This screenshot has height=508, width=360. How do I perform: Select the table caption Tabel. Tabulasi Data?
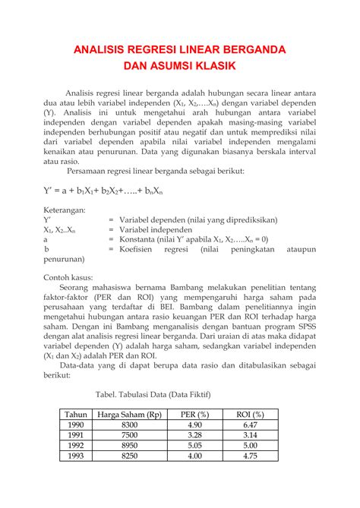[153, 395]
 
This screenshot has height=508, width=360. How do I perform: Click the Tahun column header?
[76, 415]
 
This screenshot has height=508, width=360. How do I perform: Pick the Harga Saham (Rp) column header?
[130, 415]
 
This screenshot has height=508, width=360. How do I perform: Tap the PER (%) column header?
[194, 415]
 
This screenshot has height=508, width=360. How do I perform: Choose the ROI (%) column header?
[251, 415]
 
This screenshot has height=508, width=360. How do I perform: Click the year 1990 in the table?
[76, 425]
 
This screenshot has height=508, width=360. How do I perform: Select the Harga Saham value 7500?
[130, 436]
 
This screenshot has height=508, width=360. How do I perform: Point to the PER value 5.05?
[194, 446]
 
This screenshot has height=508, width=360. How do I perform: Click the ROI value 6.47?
[251, 425]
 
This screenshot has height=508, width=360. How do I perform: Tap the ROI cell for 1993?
[251, 456]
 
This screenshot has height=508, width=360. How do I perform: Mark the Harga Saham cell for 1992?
[130, 446]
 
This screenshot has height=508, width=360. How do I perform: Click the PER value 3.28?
[194, 436]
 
